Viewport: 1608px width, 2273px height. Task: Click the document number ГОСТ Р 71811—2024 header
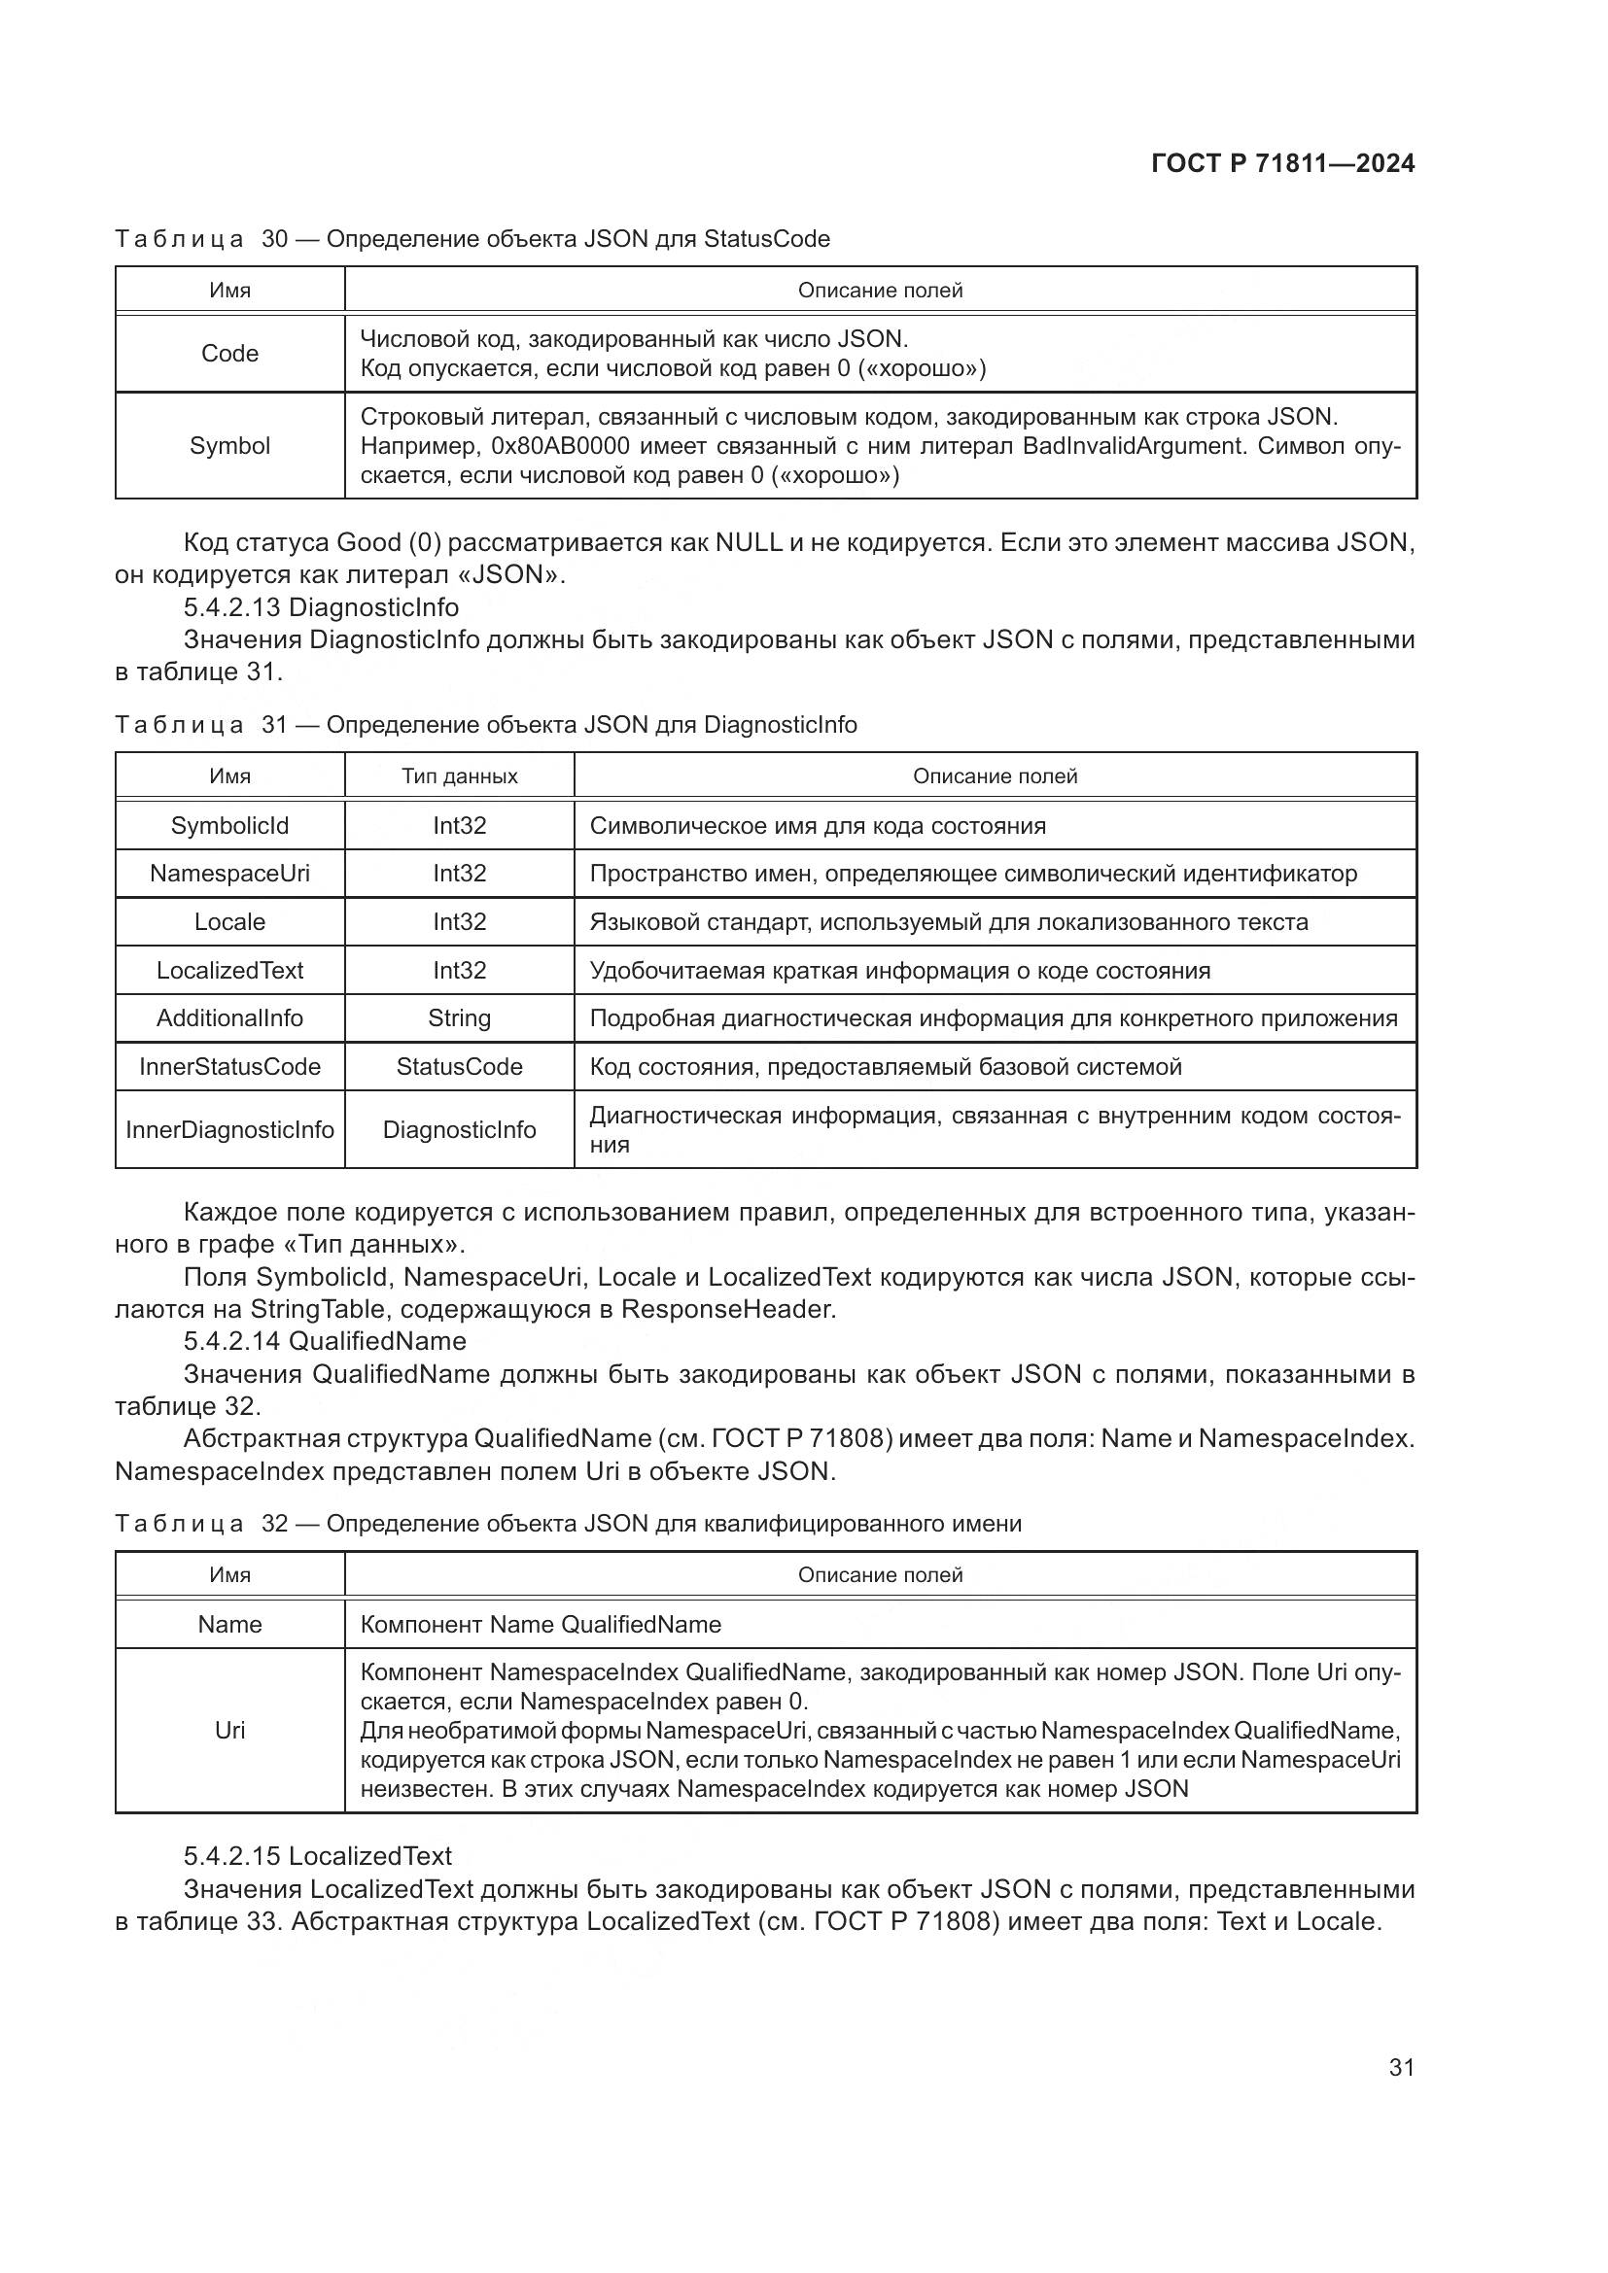coord(1282,163)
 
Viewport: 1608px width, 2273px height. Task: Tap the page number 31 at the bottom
coord(1401,2066)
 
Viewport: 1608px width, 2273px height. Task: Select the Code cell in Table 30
coord(229,354)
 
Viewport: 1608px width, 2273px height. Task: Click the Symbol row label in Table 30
coord(229,445)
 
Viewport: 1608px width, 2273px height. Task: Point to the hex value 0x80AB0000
coord(560,445)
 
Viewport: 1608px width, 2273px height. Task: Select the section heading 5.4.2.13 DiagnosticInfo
coord(321,606)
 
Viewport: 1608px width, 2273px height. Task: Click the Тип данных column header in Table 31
coord(460,776)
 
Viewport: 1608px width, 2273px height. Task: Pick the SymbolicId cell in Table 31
coord(229,826)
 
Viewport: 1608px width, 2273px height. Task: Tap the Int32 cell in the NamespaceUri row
coord(460,874)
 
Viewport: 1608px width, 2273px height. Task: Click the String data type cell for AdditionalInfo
coord(460,1017)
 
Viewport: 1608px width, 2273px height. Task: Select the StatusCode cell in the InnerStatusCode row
coord(460,1066)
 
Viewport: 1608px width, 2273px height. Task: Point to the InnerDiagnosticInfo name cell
coord(229,1129)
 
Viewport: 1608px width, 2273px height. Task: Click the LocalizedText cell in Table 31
coord(229,970)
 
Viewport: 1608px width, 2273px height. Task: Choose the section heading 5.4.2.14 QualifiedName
coord(325,1340)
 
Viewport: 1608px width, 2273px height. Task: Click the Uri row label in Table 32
coord(229,1730)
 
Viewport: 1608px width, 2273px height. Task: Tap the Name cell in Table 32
coord(229,1624)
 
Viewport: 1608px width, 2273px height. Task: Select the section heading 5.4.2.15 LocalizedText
coord(318,1855)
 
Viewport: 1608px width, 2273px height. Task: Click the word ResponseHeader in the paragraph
coord(727,1309)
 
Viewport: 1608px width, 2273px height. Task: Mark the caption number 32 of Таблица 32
coord(274,1523)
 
